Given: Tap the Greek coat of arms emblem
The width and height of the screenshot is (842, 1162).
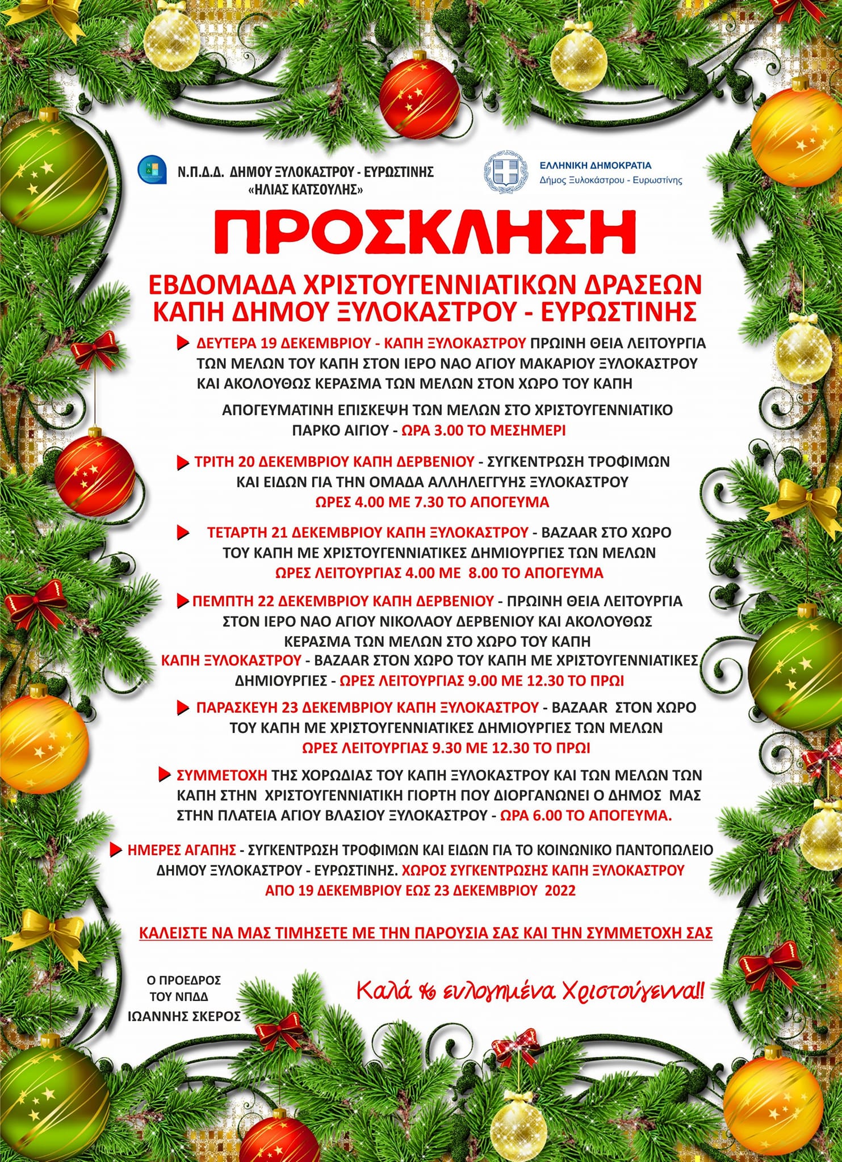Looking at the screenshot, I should pos(505,171).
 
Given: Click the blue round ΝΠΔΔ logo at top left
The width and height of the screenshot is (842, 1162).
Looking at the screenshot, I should pos(152,170).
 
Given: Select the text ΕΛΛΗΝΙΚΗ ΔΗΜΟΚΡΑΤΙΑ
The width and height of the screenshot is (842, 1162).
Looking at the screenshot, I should pos(595,166).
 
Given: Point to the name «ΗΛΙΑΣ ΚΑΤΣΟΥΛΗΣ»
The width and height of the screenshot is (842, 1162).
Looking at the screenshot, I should pos(305,190).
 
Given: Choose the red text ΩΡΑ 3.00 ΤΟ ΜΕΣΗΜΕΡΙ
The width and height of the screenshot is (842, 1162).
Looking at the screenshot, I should pos(483,430).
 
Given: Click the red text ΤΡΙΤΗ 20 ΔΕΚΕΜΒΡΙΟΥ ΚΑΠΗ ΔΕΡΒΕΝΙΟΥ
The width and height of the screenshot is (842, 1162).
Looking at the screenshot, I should pos(334,461).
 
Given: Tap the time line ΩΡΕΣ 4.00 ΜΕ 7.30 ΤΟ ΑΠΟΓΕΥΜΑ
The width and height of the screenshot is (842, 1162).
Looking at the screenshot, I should pos(432,502).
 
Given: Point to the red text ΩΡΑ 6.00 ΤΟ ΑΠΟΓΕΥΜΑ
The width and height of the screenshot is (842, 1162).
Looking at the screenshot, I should pos(585,815).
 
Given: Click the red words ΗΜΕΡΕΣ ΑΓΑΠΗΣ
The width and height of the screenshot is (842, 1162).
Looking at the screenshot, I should pos(182,849).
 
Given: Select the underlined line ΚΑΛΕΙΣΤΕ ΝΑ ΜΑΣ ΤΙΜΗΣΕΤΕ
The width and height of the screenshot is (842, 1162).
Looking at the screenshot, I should pos(425,933).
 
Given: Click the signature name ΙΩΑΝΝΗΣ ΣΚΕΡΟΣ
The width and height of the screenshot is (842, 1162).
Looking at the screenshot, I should pos(185,1016).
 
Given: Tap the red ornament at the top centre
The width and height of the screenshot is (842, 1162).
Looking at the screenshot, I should pos(420,97).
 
